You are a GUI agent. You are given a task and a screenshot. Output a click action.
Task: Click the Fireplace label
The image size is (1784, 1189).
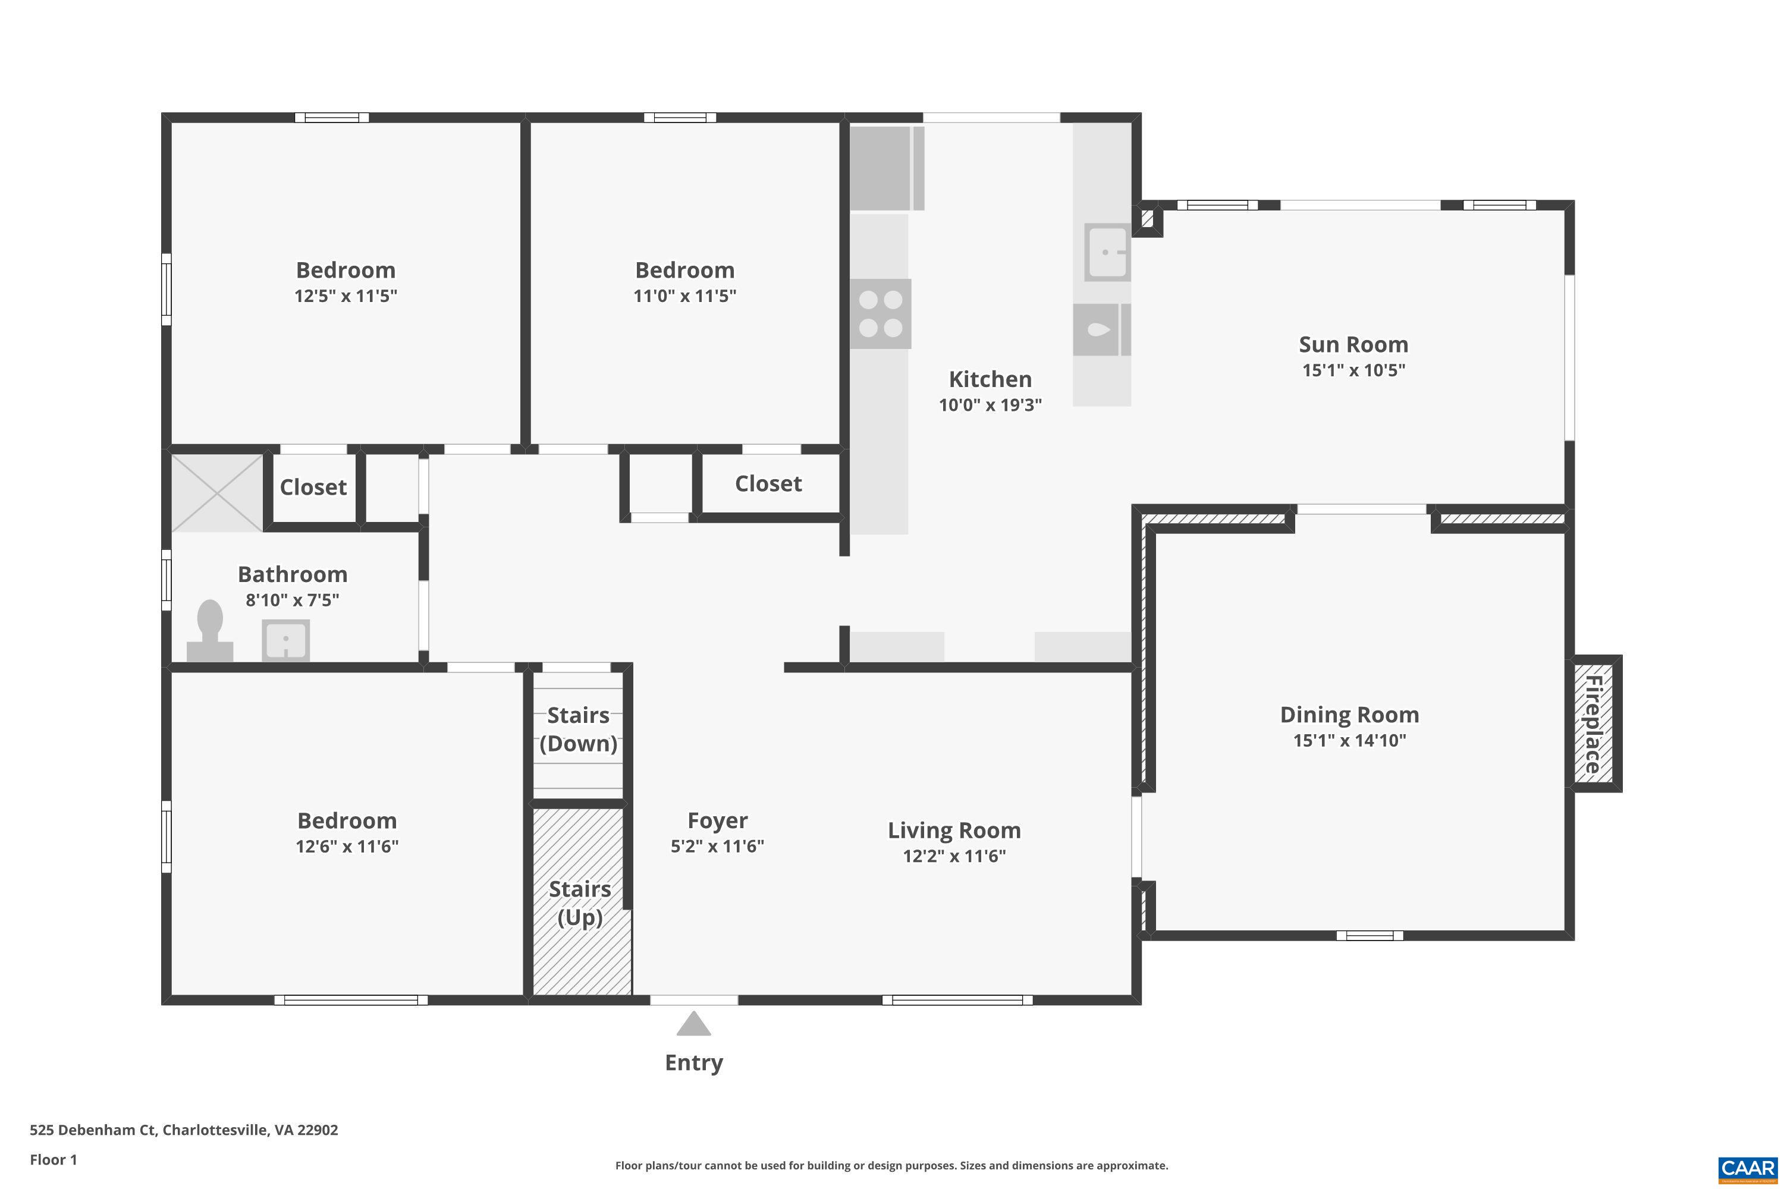[x=1594, y=724]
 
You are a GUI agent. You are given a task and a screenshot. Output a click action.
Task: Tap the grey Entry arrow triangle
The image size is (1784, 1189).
[x=693, y=1024]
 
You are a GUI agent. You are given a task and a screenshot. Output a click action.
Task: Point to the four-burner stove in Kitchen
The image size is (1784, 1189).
[x=881, y=314]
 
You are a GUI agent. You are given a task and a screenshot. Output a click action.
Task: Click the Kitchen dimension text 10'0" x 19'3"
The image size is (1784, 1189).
[x=990, y=405]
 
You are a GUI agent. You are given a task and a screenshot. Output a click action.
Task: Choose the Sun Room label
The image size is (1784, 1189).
[x=1353, y=344]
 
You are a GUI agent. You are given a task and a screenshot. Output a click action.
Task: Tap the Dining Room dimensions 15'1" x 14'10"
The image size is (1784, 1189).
[x=1349, y=741]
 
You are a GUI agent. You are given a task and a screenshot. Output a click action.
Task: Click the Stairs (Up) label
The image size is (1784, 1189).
[x=580, y=903]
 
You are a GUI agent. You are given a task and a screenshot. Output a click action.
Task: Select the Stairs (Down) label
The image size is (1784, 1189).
[x=579, y=729]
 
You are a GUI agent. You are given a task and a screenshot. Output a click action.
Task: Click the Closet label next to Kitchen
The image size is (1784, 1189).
[x=768, y=484]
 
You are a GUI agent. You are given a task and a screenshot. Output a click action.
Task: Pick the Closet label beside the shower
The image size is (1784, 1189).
[x=313, y=487]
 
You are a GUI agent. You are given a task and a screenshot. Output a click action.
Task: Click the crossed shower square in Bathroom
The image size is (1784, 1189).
[x=217, y=493]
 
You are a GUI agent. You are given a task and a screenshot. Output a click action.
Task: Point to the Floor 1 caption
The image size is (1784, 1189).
[x=53, y=1159]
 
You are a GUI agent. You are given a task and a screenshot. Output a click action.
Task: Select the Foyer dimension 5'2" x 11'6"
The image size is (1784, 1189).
[x=717, y=846]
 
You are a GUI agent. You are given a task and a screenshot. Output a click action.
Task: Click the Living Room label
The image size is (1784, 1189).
[x=954, y=831]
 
